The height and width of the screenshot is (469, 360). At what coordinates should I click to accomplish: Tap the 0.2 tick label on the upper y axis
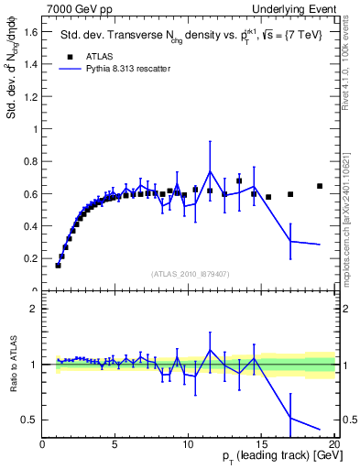pyautogui.click(x=29, y=258)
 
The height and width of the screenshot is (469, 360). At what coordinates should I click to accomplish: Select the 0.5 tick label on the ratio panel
pyautogui.click(x=29, y=420)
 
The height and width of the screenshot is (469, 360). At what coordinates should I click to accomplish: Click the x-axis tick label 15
pyautogui.click(x=260, y=444)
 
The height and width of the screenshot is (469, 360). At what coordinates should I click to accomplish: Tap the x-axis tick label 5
pyautogui.click(x=115, y=444)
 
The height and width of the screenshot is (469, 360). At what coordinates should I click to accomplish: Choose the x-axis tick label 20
pyautogui.click(x=333, y=444)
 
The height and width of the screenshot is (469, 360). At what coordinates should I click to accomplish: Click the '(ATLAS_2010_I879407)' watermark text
pyautogui.click(x=189, y=273)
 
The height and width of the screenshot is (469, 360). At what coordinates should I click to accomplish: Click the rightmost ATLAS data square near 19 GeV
pyautogui.click(x=320, y=186)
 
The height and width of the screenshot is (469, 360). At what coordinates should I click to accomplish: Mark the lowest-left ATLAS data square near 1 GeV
pyautogui.click(x=58, y=265)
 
